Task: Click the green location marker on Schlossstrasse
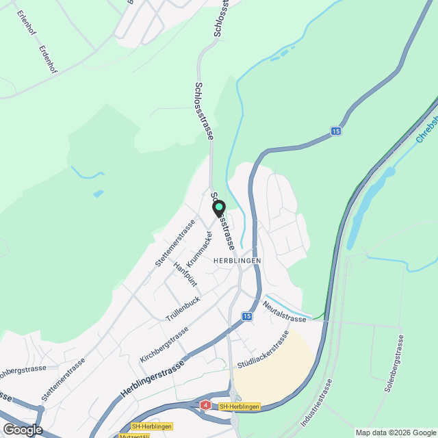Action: point(218,207)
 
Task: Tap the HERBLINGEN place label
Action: point(237,261)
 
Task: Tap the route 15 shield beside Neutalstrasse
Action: point(246,316)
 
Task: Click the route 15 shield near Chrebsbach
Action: point(335,131)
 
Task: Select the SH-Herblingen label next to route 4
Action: point(239,407)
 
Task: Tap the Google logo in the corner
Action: point(22,429)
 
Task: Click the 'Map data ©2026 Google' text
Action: point(396,433)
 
